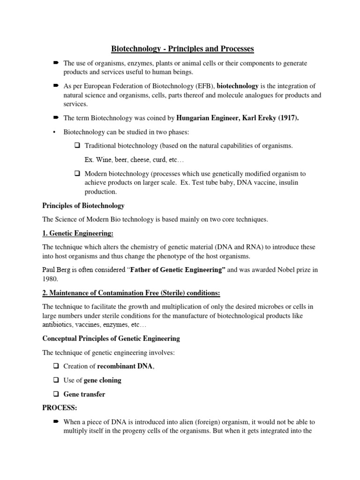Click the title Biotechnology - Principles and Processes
[x=182, y=48]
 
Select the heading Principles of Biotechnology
[x=83, y=205]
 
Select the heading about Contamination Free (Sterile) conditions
[x=131, y=293]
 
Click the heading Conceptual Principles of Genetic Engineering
[x=111, y=338]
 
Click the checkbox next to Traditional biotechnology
[x=77, y=146]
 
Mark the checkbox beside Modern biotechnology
[x=77, y=174]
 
